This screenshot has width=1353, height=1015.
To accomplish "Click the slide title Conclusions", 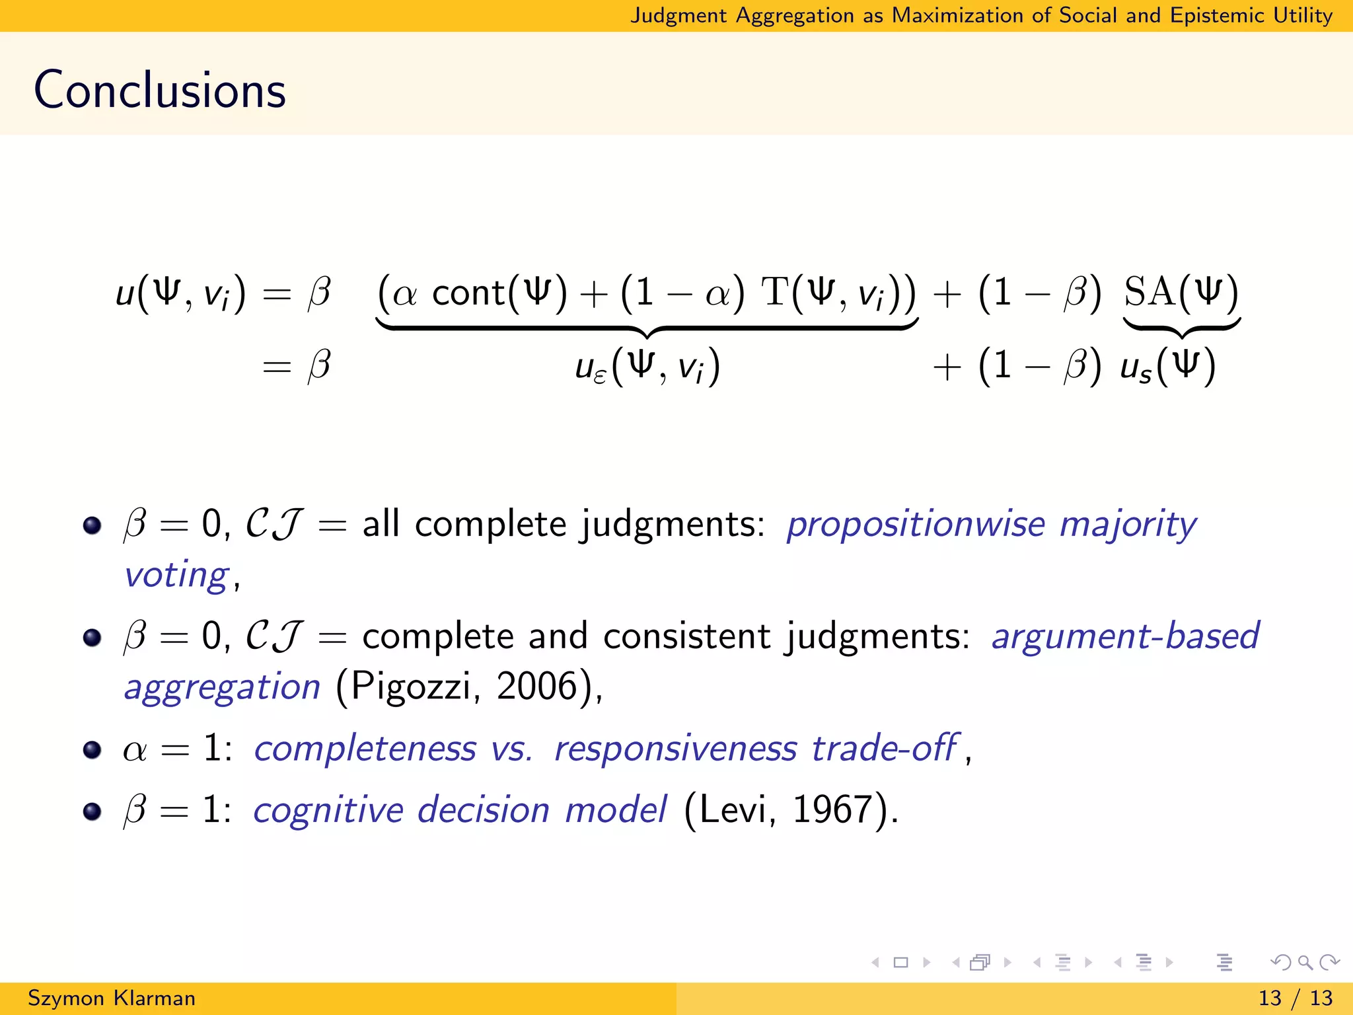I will [x=160, y=90].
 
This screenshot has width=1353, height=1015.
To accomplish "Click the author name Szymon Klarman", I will [x=112, y=998].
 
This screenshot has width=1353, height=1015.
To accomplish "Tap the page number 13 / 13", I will [x=1296, y=998].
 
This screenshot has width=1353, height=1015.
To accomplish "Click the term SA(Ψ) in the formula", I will [x=1181, y=291].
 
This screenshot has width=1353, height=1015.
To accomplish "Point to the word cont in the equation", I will [x=468, y=293].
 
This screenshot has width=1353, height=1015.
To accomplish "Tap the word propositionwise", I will [x=916, y=525].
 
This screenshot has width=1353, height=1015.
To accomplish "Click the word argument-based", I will [x=1126, y=636].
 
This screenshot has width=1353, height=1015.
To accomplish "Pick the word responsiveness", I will [x=675, y=749].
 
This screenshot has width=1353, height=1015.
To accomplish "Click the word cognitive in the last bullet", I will [x=328, y=810].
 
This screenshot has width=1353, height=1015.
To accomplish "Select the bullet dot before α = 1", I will [x=92, y=750].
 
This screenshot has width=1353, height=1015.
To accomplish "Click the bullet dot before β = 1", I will [x=92, y=811].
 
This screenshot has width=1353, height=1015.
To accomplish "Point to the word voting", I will [x=176, y=575].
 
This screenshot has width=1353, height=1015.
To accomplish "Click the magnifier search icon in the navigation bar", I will [x=1304, y=962].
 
